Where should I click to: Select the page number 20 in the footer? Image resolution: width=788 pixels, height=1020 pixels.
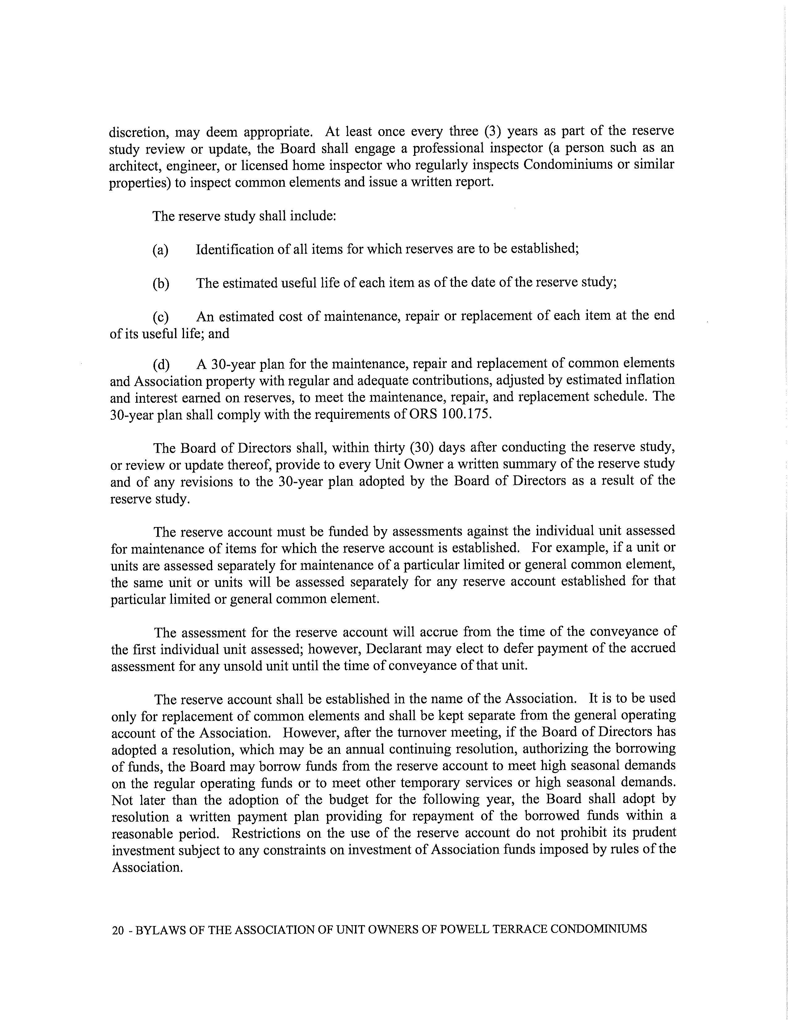[118, 931]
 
